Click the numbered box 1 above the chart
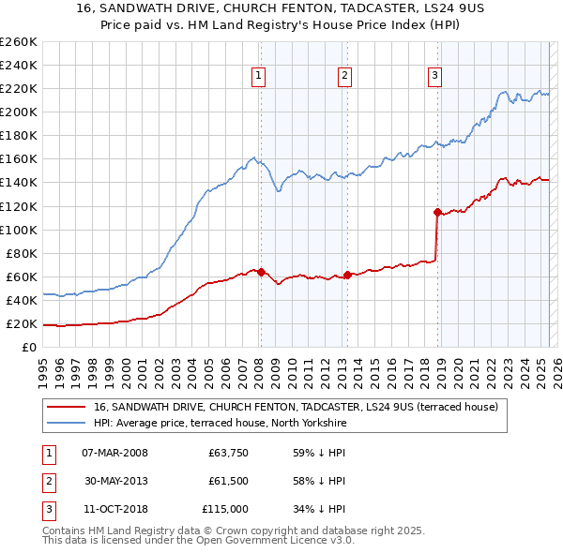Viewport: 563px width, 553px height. click(x=258, y=77)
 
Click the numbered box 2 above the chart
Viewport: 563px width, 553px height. click(x=344, y=77)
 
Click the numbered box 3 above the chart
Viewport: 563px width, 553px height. click(x=435, y=77)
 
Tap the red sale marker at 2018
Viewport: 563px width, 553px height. click(x=437, y=212)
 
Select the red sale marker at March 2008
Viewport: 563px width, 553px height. click(x=261, y=272)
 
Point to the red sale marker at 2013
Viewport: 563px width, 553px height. click(x=347, y=275)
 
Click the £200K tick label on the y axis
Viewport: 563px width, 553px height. click(x=18, y=112)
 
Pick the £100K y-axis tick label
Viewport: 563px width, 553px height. click(x=18, y=230)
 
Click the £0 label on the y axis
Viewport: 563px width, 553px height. click(x=27, y=348)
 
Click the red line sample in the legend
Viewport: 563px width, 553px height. click(x=67, y=408)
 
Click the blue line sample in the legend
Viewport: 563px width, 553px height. click(x=67, y=424)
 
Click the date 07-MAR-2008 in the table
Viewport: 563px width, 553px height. click(x=115, y=453)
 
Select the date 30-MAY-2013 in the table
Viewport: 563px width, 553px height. click(x=115, y=481)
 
